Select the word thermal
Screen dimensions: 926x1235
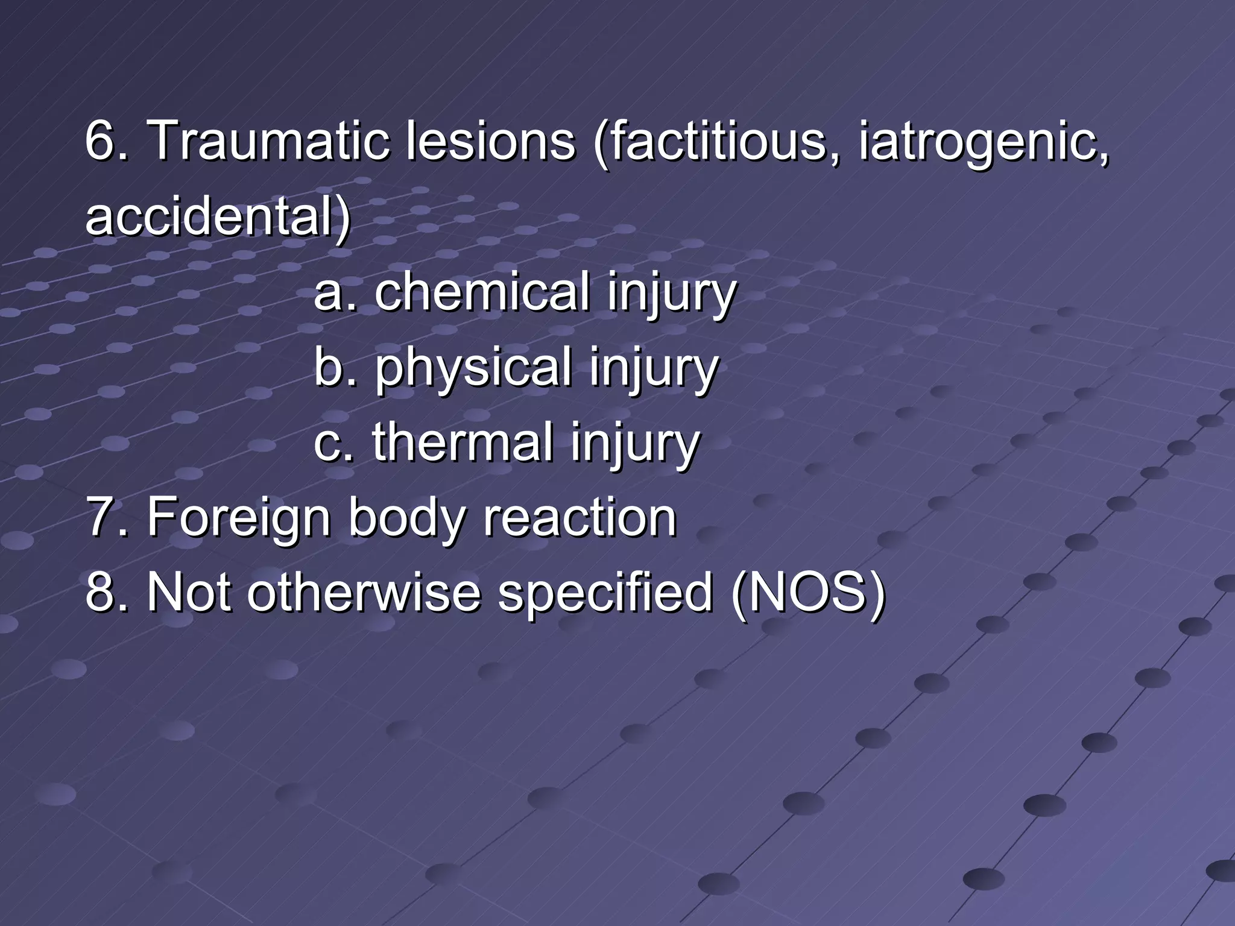[x=462, y=443]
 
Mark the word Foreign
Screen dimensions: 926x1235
[x=238, y=518]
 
